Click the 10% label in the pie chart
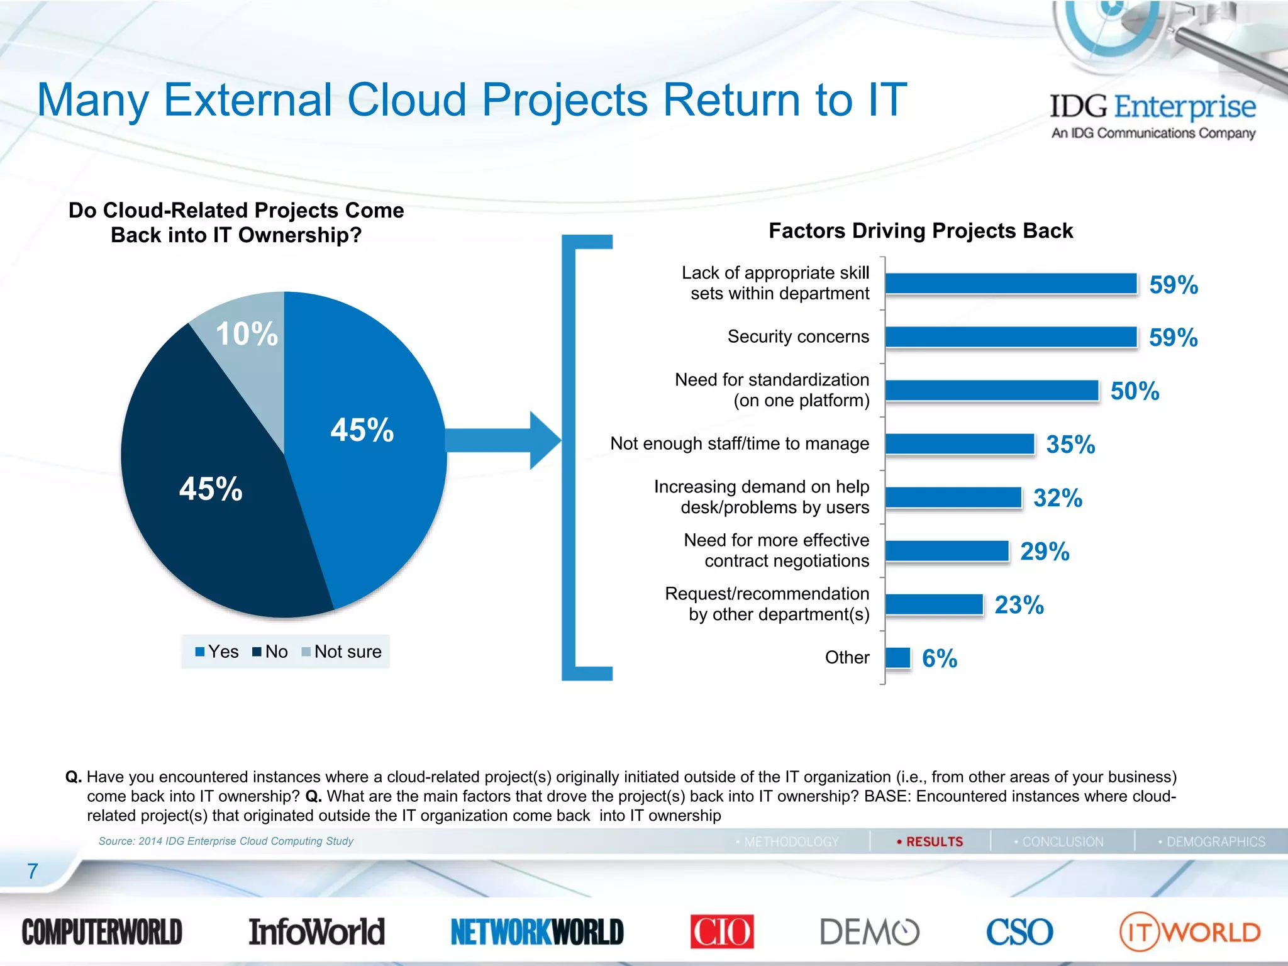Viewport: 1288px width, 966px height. click(x=247, y=334)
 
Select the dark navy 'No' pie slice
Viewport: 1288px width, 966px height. click(x=214, y=503)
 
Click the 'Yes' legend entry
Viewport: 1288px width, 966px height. click(x=217, y=652)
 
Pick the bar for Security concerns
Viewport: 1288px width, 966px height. click(x=1011, y=337)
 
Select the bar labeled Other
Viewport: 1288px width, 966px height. click(x=897, y=658)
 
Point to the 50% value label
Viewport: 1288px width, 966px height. click(x=1135, y=391)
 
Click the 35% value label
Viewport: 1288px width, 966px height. click(x=1070, y=445)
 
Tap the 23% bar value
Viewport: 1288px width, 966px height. click(x=1019, y=605)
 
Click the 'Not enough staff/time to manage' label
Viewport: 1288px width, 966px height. click(x=740, y=443)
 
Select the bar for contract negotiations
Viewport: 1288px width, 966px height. click(x=947, y=552)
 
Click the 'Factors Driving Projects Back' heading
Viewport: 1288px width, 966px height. click(x=920, y=231)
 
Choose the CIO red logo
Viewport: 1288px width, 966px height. click(x=721, y=931)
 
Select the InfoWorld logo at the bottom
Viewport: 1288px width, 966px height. click(x=316, y=931)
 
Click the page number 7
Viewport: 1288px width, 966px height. click(x=33, y=871)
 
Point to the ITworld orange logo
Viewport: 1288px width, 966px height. click(x=1189, y=931)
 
